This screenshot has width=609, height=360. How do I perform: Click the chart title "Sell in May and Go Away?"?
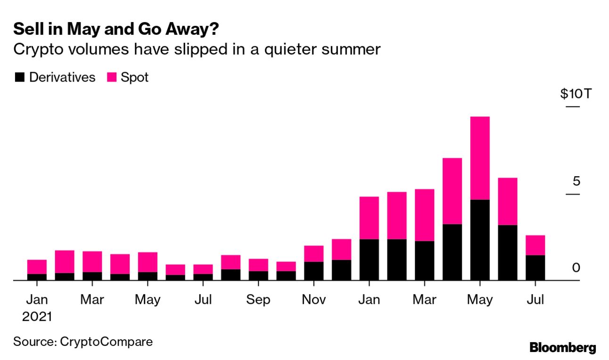(x=116, y=30)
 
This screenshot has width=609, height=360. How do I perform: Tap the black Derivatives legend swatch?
(x=19, y=77)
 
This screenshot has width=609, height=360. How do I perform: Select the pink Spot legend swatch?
(x=112, y=77)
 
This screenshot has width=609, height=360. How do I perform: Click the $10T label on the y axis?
(x=575, y=94)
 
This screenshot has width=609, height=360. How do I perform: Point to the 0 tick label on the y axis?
(x=575, y=268)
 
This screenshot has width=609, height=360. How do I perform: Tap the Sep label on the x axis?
(x=258, y=300)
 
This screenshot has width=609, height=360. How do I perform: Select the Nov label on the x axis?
(x=313, y=300)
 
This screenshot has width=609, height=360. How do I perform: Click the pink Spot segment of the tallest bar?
(x=480, y=158)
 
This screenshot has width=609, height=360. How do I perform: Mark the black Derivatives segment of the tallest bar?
(x=480, y=240)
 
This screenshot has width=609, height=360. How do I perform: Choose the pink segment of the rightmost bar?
(x=535, y=245)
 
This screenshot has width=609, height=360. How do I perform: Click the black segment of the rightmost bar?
(x=535, y=268)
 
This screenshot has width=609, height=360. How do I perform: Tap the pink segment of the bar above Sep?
(x=258, y=265)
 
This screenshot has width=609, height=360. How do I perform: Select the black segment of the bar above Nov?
(x=313, y=271)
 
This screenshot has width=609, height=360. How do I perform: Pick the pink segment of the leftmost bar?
(x=37, y=267)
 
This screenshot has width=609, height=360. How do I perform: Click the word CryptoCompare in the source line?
(x=107, y=341)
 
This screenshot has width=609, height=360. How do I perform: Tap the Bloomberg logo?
(x=562, y=348)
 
